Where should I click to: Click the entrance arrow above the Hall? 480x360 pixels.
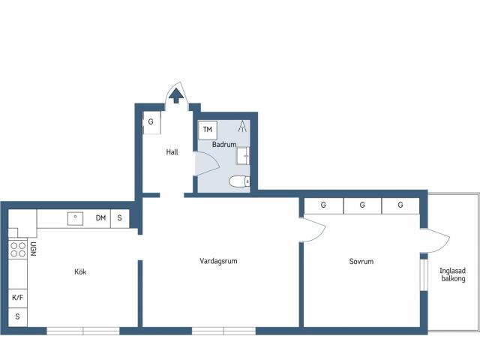[176, 94]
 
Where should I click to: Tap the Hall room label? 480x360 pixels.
[172, 152]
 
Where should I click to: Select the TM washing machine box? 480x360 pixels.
[207, 130]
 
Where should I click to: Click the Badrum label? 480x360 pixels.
[224, 144]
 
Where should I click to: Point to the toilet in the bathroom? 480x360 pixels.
[238, 181]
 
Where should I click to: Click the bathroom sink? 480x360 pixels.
[244, 156]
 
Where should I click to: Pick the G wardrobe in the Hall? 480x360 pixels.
[151, 121]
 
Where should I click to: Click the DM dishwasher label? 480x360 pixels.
[100, 218]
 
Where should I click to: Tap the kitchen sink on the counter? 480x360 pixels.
[75, 218]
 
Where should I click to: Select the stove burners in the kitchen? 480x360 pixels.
[16, 250]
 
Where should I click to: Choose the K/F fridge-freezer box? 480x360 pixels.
[17, 298]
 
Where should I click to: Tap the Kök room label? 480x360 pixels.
[80, 271]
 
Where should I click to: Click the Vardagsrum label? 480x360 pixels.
[219, 262]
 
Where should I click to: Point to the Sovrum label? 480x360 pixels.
[361, 262]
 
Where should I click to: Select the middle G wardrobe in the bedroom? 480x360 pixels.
[361, 205]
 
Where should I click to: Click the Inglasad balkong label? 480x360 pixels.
[453, 274]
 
